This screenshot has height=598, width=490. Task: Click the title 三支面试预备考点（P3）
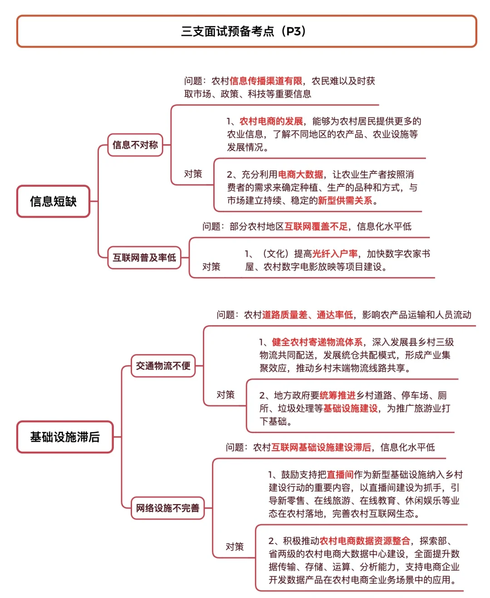[245, 31]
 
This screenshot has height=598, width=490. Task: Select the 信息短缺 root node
[54, 201]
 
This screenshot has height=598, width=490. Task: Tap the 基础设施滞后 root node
[65, 437]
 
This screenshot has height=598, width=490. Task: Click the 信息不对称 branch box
[135, 145]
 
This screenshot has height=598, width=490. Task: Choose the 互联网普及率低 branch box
[144, 258]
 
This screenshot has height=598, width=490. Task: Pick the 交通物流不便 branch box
[163, 366]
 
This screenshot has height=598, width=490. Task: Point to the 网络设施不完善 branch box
[167, 508]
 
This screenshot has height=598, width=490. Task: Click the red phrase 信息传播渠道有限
[266, 81]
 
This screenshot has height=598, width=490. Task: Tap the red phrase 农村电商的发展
[271, 122]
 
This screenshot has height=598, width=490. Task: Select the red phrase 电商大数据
[300, 175]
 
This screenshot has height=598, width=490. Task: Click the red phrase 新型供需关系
[345, 200]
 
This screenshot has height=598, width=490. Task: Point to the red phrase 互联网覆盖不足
[316, 227]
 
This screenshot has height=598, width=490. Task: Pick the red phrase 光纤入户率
[335, 254]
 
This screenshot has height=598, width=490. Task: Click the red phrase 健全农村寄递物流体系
[317, 342]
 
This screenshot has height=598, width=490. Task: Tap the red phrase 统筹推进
[338, 395]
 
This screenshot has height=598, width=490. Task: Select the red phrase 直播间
[340, 475]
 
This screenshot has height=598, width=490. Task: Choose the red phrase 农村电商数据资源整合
[365, 541]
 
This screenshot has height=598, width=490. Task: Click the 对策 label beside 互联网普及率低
[211, 267]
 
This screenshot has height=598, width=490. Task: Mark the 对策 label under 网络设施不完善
[235, 547]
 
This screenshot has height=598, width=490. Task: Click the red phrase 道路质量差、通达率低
[307, 315]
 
